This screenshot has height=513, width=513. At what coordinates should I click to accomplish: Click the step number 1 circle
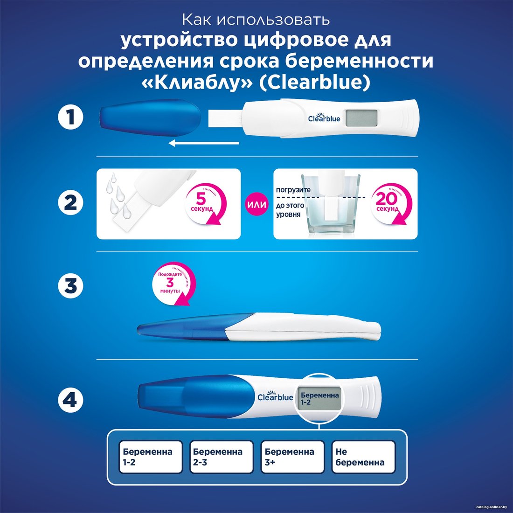[71, 117]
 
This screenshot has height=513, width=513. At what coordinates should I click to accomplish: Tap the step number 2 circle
[71, 202]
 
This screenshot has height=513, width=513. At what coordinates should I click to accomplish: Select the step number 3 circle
[71, 285]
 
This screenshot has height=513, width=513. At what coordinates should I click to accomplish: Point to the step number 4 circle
[71, 400]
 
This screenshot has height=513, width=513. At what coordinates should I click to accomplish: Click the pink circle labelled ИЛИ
[256, 204]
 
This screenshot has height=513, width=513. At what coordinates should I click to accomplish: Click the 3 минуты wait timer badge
[174, 284]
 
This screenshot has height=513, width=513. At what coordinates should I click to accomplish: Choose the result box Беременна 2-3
[222, 457]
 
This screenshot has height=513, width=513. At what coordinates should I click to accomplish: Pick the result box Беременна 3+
[292, 457]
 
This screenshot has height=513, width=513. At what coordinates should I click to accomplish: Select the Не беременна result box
[363, 457]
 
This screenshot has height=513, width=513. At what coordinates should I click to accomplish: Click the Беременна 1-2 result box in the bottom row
[151, 457]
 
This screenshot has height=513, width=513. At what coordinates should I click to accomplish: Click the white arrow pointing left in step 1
[204, 143]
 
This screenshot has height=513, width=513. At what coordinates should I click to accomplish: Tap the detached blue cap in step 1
[150, 118]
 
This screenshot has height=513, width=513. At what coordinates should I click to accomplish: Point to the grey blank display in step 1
[361, 118]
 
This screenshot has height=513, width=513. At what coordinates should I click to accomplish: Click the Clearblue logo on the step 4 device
[275, 396]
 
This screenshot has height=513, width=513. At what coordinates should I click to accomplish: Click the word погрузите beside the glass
[293, 190]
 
